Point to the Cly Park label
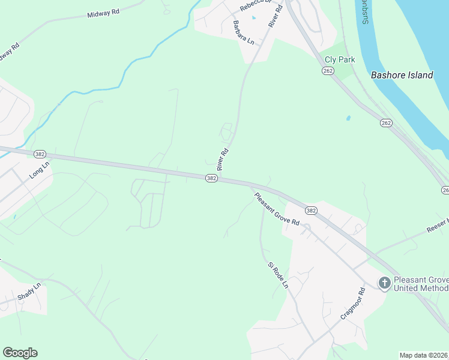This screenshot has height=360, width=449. pyautogui.click(x=340, y=59)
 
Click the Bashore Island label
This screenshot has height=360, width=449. pyautogui.click(x=402, y=75)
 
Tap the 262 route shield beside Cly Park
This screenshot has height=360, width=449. pyautogui.click(x=327, y=71)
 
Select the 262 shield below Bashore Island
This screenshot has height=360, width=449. pyautogui.click(x=385, y=123)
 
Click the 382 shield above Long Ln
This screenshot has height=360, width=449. pyautogui.click(x=40, y=154)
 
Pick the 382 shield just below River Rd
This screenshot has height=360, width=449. pyautogui.click(x=211, y=179)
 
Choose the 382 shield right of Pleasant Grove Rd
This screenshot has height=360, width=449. pyautogui.click(x=310, y=211)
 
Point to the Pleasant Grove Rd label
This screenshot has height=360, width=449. pyautogui.click(x=277, y=209)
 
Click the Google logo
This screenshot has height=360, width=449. pyautogui.click(x=20, y=353)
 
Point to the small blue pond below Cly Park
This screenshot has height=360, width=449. pyautogui.click(x=348, y=118)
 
